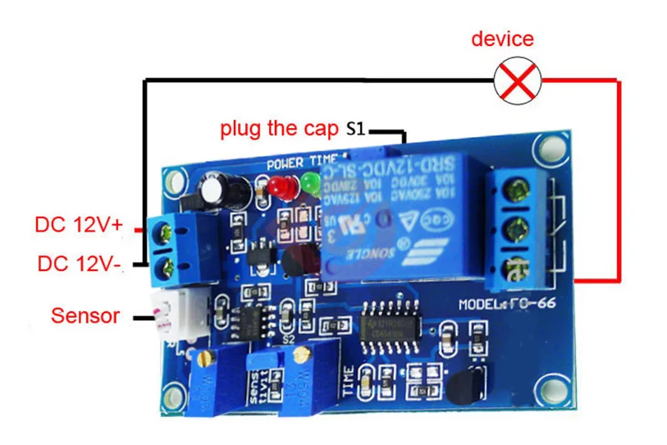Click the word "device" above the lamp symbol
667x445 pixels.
[x=502, y=39]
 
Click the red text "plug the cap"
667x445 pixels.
[x=278, y=129]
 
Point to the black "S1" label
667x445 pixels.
[x=357, y=129]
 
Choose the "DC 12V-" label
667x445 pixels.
[x=78, y=264]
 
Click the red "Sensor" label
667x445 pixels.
[x=85, y=315]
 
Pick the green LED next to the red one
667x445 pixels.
[x=309, y=183]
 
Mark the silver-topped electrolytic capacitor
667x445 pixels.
[x=216, y=190]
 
